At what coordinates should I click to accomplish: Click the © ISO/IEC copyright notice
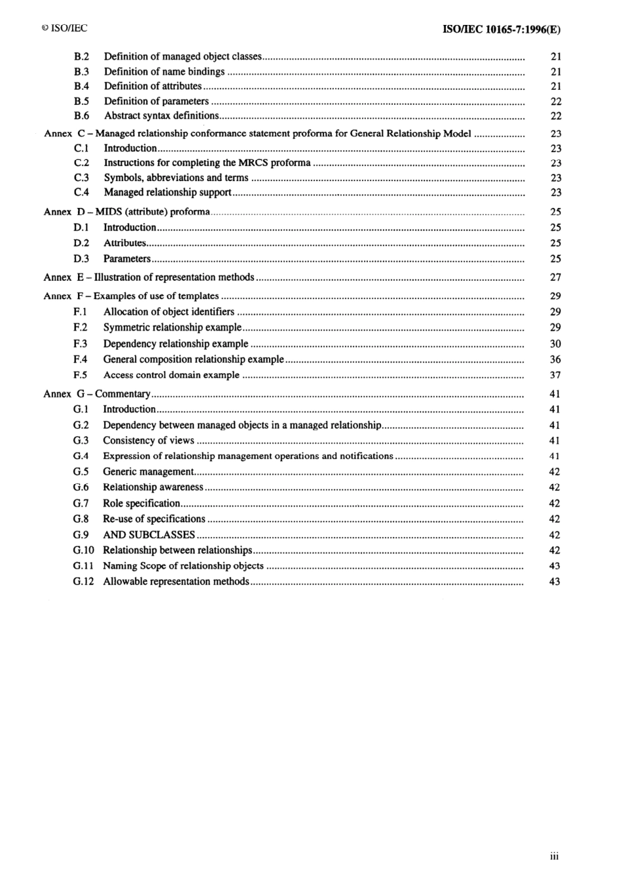64,28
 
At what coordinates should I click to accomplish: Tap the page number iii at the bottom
554,856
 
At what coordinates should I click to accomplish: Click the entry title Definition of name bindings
164,71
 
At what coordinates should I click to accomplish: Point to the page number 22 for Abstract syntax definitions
555,116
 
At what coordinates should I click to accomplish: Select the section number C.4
81,192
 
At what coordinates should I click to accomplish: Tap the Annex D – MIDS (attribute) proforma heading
127,212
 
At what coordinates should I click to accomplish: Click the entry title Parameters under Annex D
127,258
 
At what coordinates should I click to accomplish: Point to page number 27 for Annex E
555,277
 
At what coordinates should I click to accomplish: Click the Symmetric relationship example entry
172,327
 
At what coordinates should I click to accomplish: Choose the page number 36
555,359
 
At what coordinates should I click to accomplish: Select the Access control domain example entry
171,375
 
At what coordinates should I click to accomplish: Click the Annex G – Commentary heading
97,394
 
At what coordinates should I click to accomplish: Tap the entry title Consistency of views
148,441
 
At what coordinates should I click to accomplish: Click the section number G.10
83,550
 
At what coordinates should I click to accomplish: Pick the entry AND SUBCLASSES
149,535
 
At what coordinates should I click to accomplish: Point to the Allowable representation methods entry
176,581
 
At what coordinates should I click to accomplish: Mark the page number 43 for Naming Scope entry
555,566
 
